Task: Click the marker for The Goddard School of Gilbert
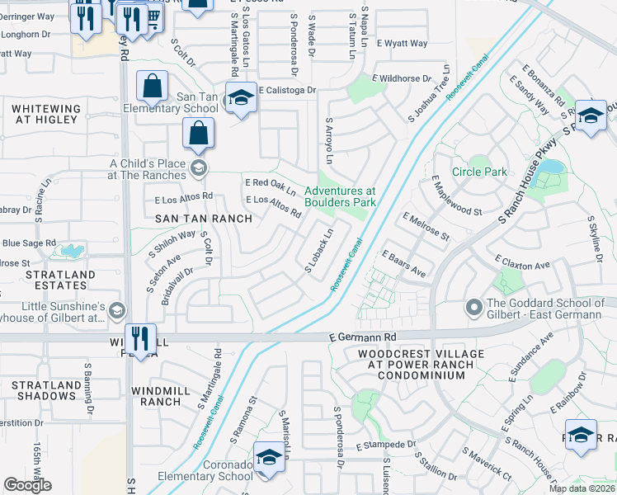point(473,308)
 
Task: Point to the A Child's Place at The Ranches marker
point(198,169)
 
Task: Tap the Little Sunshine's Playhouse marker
point(116,310)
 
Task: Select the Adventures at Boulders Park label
point(340,196)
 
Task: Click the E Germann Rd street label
point(362,337)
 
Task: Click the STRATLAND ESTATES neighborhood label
point(37,280)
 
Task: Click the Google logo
point(27,485)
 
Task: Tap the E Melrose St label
point(426,226)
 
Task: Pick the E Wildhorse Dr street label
point(402,79)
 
